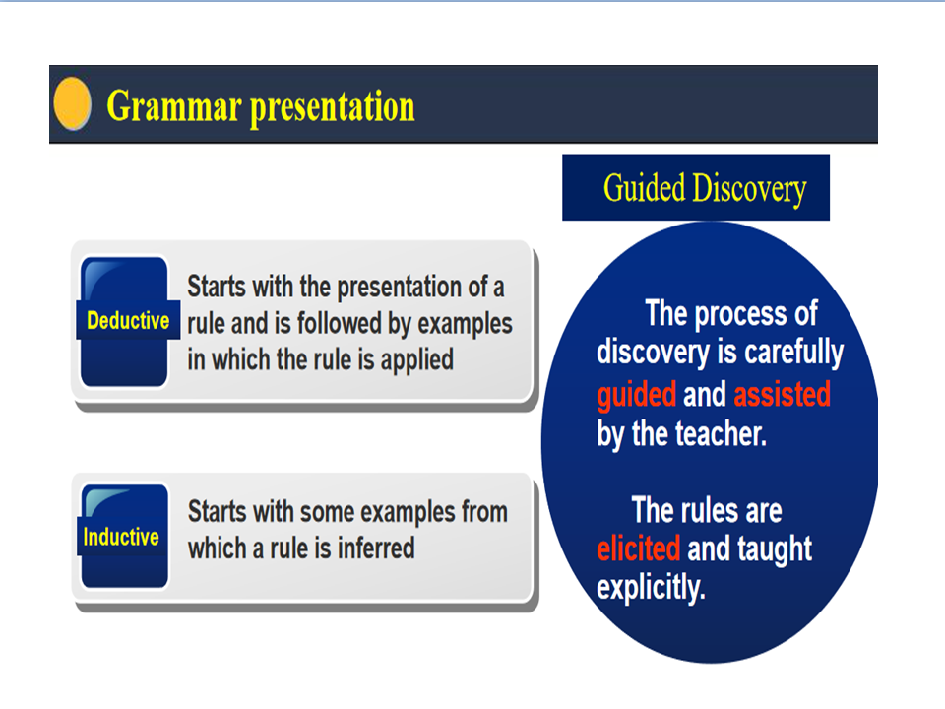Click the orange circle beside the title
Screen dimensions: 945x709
coord(72,103)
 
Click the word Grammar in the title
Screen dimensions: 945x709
coord(173,106)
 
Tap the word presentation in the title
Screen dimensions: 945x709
coord(333,108)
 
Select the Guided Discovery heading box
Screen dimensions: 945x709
coord(696,187)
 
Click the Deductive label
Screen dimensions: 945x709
coord(128,320)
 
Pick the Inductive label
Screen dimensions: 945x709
coord(121,537)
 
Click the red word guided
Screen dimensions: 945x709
coord(637,396)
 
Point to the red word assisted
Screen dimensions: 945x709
coord(782,394)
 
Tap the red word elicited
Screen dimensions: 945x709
coord(638,548)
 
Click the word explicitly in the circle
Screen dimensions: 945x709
coord(651,587)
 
